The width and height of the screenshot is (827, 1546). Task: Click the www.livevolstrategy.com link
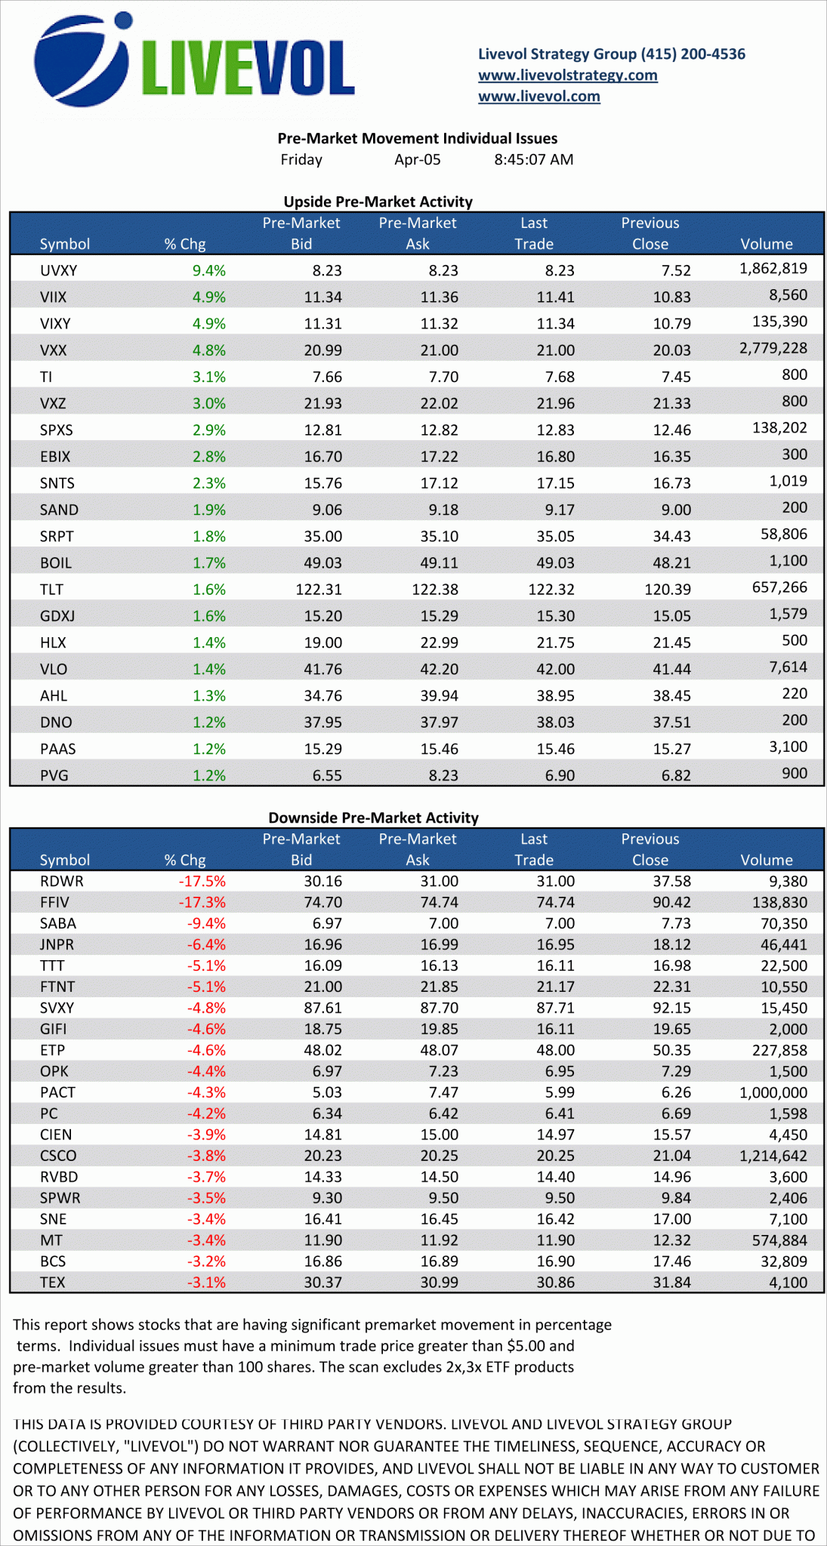[567, 75]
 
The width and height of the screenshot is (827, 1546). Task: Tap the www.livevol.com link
[538, 96]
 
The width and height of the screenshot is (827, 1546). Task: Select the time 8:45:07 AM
[533, 159]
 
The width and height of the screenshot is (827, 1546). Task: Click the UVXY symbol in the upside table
[58, 270]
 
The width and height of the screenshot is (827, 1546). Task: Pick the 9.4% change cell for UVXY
[208, 270]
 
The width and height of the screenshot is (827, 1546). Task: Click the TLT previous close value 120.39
[668, 589]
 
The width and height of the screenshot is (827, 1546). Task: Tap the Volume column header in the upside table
[766, 244]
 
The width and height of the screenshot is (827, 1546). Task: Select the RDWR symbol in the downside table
[61, 881]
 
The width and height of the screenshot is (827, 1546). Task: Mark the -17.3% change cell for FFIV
[202, 902]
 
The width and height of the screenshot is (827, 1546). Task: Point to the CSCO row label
[58, 1156]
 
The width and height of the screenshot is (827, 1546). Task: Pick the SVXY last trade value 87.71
[555, 1008]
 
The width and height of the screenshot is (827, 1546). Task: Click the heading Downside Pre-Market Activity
[373, 818]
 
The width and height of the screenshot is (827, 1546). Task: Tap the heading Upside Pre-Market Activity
[378, 202]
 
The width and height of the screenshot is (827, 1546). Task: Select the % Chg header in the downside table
[184, 860]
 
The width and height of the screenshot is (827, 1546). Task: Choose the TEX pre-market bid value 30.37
[322, 1283]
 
